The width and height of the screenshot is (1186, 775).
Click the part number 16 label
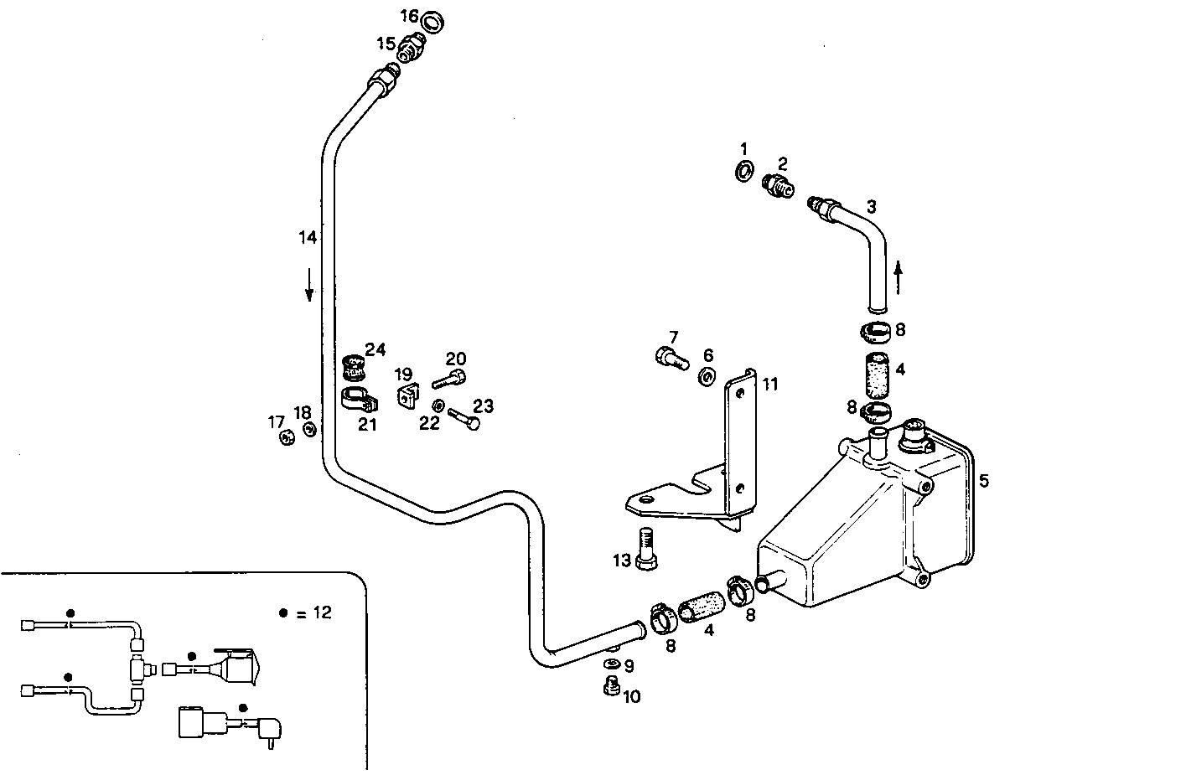pyautogui.click(x=408, y=16)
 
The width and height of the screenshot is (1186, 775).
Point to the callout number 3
pyautogui.click(x=872, y=205)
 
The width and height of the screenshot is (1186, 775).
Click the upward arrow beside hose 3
pyautogui.click(x=899, y=277)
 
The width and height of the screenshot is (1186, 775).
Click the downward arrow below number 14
pyautogui.click(x=309, y=284)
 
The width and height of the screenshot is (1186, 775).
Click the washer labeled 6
pyautogui.click(x=707, y=376)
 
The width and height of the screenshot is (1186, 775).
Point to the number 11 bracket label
pyautogui.click(x=770, y=384)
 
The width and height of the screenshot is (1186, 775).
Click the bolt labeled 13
pyautogui.click(x=645, y=548)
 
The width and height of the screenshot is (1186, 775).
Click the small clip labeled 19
pyautogui.click(x=407, y=395)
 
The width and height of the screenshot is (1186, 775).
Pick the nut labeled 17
pyautogui.click(x=286, y=436)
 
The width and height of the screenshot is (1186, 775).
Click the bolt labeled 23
pyautogui.click(x=464, y=418)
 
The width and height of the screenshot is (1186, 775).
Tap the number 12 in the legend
pyautogui.click(x=322, y=612)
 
